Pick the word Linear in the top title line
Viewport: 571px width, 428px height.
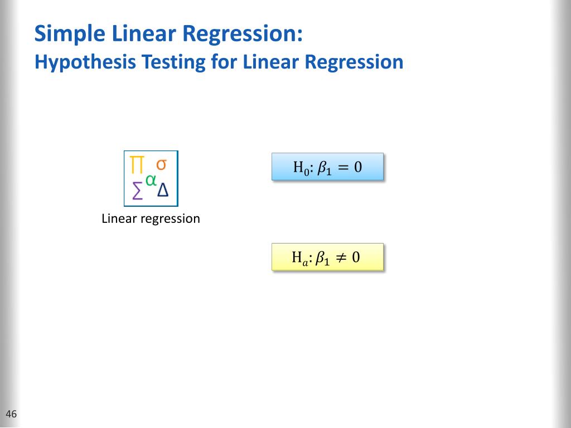143,35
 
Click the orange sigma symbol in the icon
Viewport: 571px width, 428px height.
161,164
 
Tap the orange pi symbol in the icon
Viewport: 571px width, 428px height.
137,165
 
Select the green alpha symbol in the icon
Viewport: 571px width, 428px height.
151,179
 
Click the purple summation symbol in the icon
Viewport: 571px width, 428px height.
137,192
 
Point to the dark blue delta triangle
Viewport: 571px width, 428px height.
163,191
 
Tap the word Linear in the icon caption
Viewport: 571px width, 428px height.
119,218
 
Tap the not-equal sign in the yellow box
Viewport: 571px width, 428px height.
341,257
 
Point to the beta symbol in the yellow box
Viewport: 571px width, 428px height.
322,257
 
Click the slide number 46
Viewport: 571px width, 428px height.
11,414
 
